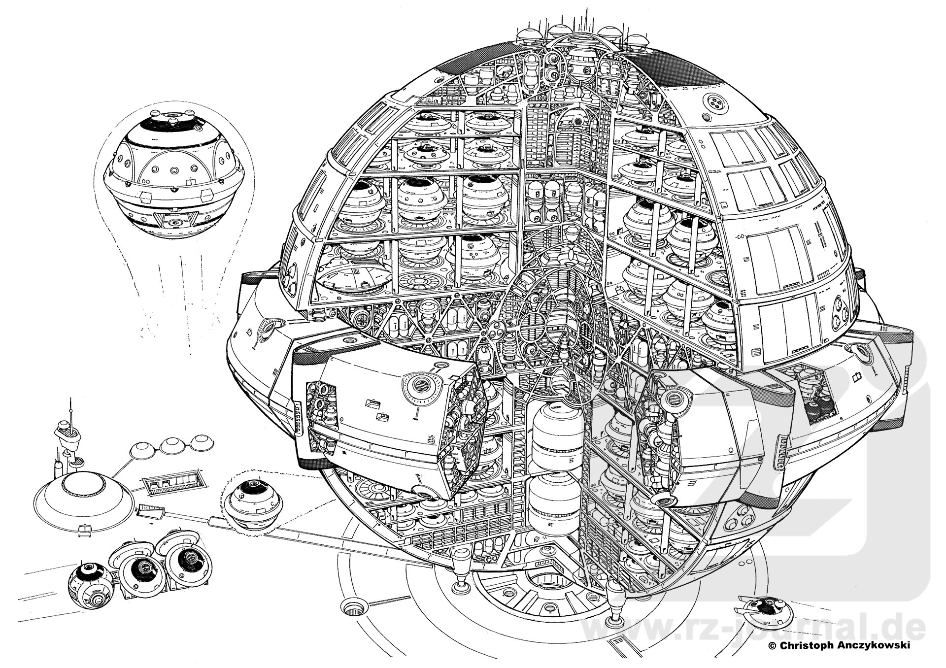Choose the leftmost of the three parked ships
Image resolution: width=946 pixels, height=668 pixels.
click(92, 586)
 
